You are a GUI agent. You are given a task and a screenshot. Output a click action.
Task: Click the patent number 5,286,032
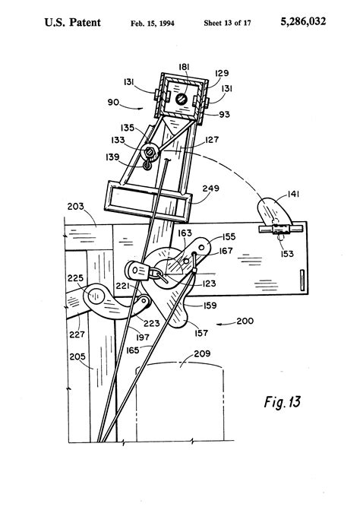coord(303,22)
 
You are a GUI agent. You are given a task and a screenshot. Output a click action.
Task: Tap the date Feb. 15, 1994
coord(153,24)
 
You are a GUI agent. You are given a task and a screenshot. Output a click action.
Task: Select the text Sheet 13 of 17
coord(227,23)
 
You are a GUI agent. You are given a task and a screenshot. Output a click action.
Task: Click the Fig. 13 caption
coord(282,402)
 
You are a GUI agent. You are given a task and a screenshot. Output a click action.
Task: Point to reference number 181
coord(184,67)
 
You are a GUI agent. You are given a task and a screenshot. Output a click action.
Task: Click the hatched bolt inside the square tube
coord(181,99)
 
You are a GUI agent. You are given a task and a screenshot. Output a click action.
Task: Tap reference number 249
coord(210,188)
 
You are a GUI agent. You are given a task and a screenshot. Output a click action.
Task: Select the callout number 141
coord(293,194)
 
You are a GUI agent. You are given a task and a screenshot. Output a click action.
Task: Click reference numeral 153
coord(287,253)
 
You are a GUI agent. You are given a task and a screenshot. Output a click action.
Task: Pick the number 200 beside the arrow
coord(245,321)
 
